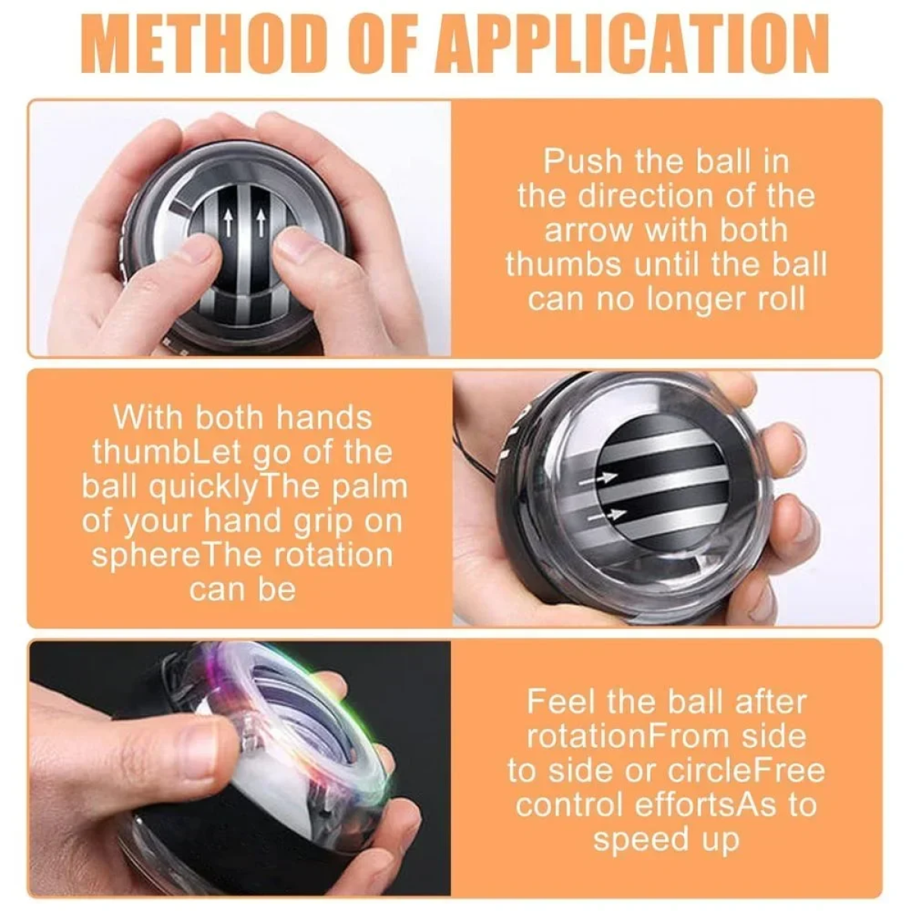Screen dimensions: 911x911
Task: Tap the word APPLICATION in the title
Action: coord(632,43)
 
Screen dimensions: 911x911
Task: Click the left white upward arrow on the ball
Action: coord(229,224)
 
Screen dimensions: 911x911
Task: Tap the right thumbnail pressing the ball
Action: coord(295,246)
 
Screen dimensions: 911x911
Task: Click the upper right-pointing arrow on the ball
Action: coord(598,478)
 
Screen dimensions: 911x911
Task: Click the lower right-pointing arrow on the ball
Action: coord(607,515)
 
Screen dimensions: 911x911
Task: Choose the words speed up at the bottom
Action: coord(666,841)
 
